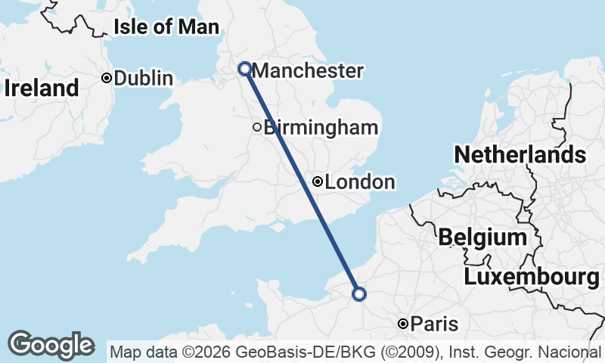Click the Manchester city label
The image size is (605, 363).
(307, 71)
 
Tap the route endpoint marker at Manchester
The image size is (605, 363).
(245, 69)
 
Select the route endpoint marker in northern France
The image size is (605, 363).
(359, 293)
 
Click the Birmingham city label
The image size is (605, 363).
(321, 127)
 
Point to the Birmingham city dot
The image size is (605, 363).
(257, 127)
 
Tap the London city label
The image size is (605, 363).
(360, 182)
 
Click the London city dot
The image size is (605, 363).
(318, 181)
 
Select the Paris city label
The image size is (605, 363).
(436, 324)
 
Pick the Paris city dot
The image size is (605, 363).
(403, 324)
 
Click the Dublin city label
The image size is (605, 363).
(144, 78)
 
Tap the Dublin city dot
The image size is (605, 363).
(107, 77)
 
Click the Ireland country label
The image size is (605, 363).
(41, 88)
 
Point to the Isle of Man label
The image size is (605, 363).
(166, 27)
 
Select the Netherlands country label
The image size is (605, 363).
(520, 155)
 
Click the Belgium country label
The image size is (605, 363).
(482, 237)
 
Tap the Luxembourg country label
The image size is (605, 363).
(532, 277)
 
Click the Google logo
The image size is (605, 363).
(51, 345)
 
